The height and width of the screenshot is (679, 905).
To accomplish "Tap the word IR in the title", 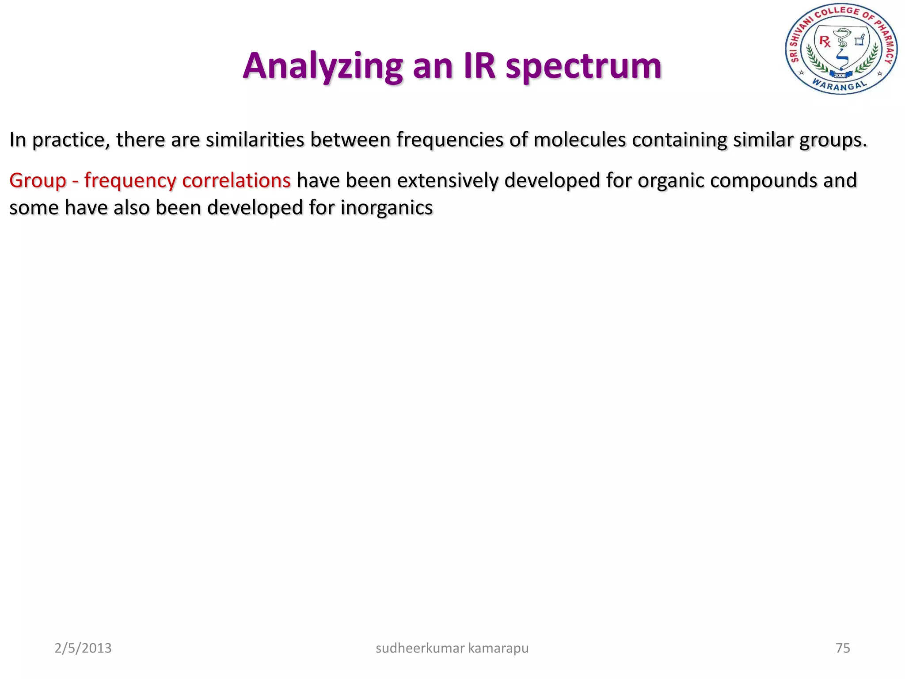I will click(479, 66).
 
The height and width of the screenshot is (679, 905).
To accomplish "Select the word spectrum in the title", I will click(583, 66).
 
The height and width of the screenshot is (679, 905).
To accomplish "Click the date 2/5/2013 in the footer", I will click(83, 648).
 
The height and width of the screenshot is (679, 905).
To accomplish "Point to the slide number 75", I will click(843, 648).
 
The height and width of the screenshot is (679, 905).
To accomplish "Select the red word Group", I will click(38, 181).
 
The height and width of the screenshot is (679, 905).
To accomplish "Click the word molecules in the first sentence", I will click(579, 140).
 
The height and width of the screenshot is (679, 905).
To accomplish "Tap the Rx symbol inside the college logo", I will click(825, 42).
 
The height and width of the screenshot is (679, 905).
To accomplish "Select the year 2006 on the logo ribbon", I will click(840, 75).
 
